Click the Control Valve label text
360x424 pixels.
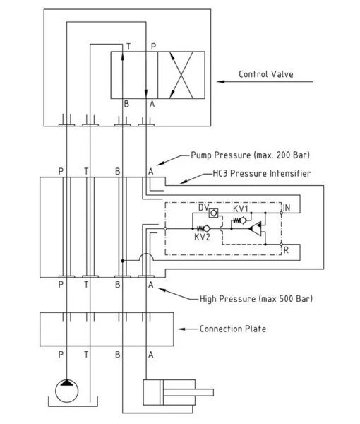coord(266,74)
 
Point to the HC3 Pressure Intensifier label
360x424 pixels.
coord(262,173)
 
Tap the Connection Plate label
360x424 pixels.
coord(233,329)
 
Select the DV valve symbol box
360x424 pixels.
coord(213,213)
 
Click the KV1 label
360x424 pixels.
coord(241,208)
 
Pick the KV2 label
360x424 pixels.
coord(202,237)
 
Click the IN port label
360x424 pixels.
coord(287,208)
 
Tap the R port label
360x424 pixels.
coord(286,250)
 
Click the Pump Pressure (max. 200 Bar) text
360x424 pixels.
coord(250,155)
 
